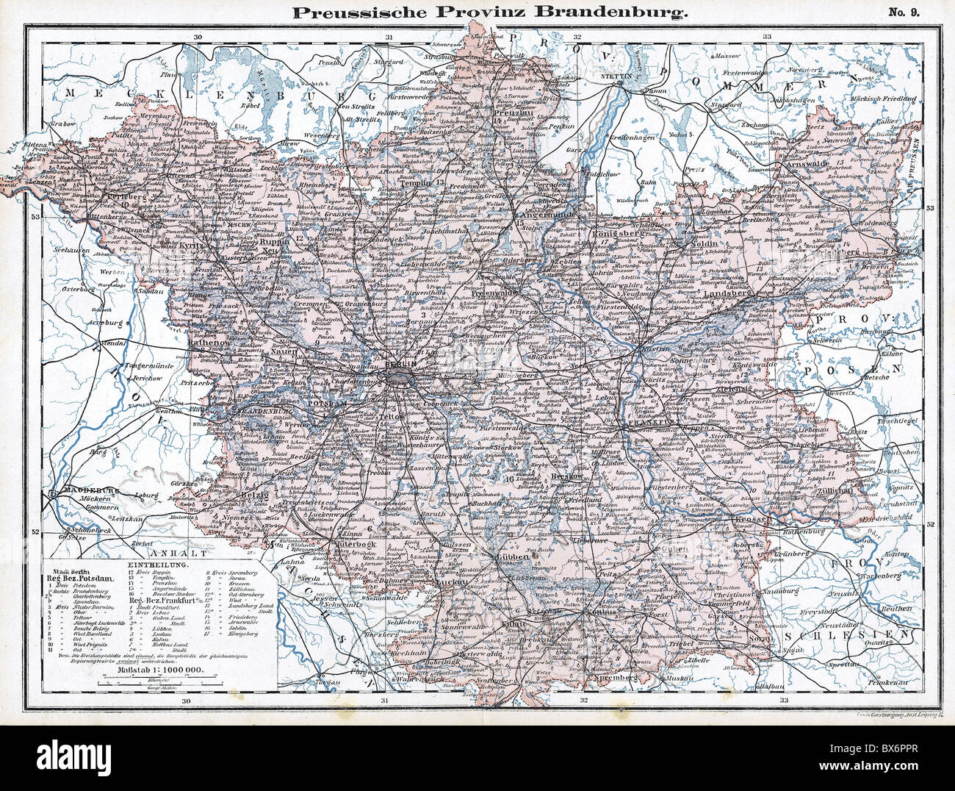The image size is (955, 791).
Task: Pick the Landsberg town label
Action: pyautogui.click(x=727, y=296)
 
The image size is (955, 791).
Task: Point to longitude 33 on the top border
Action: pyautogui.click(x=767, y=35)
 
